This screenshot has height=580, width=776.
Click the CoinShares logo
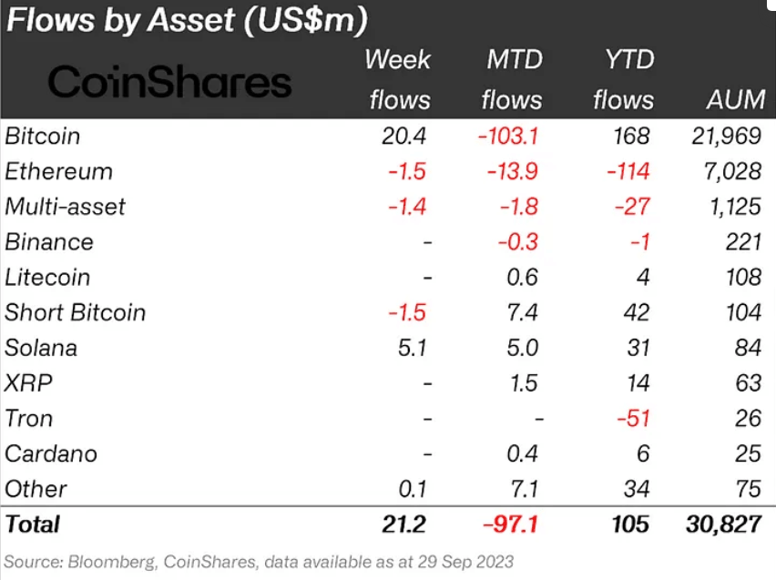click(x=169, y=82)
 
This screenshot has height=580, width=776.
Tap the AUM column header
click(x=733, y=98)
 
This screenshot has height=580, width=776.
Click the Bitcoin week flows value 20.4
click(x=403, y=137)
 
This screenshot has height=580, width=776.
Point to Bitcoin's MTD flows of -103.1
click(x=508, y=137)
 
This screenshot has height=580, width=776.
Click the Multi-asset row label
click(x=65, y=207)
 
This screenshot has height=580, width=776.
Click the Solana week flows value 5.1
click(x=409, y=348)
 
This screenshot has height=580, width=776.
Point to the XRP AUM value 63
click(x=747, y=383)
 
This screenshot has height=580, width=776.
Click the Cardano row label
click(x=50, y=453)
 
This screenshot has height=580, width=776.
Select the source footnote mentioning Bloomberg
click(x=259, y=561)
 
